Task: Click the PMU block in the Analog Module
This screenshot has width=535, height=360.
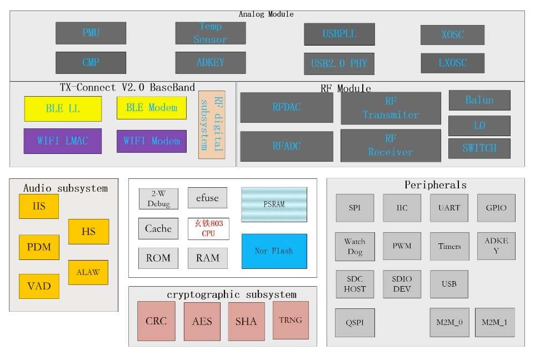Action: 91,33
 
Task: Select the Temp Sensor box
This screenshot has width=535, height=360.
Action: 210,33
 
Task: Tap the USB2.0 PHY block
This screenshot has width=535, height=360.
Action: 339,63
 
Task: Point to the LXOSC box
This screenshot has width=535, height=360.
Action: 452,63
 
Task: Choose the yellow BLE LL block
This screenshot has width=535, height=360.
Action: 63,108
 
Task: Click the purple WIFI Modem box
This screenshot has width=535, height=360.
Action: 151,141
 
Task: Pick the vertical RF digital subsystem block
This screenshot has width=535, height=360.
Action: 212,124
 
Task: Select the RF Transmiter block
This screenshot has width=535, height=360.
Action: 391,108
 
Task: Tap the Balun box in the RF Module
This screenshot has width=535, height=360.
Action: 479,100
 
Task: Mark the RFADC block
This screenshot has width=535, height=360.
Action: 286,146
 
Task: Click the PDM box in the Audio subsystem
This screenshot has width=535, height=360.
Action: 39,247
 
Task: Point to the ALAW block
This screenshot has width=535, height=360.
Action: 88,272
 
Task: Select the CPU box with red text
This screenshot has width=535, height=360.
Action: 208,228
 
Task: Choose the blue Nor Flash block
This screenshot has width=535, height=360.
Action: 274,251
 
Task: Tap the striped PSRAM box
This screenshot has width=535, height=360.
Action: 274,204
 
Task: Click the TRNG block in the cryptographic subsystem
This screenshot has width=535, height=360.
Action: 291,320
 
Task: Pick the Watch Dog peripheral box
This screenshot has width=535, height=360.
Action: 354,246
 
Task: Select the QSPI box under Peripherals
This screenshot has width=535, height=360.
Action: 354,323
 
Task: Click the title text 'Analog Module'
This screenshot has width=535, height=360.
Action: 266,14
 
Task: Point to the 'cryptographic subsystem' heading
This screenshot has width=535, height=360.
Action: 232,294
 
